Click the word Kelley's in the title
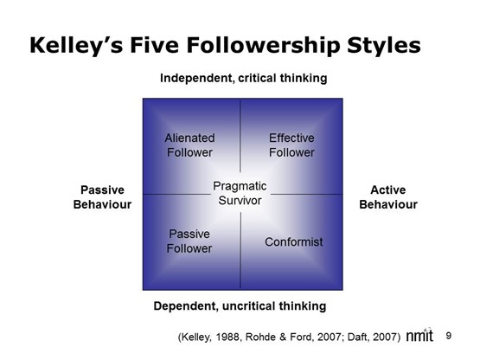click(x=72, y=43)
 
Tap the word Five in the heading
click(x=152, y=43)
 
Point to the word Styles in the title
click(x=386, y=43)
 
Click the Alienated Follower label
click(x=189, y=145)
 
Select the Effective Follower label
click(x=291, y=145)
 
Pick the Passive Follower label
click(x=189, y=241)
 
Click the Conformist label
click(x=293, y=241)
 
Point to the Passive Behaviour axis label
click(x=102, y=197)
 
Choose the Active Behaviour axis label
click(x=387, y=197)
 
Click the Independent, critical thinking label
click(x=243, y=78)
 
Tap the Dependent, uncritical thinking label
click(x=240, y=305)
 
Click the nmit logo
click(x=422, y=336)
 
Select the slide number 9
click(x=449, y=335)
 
